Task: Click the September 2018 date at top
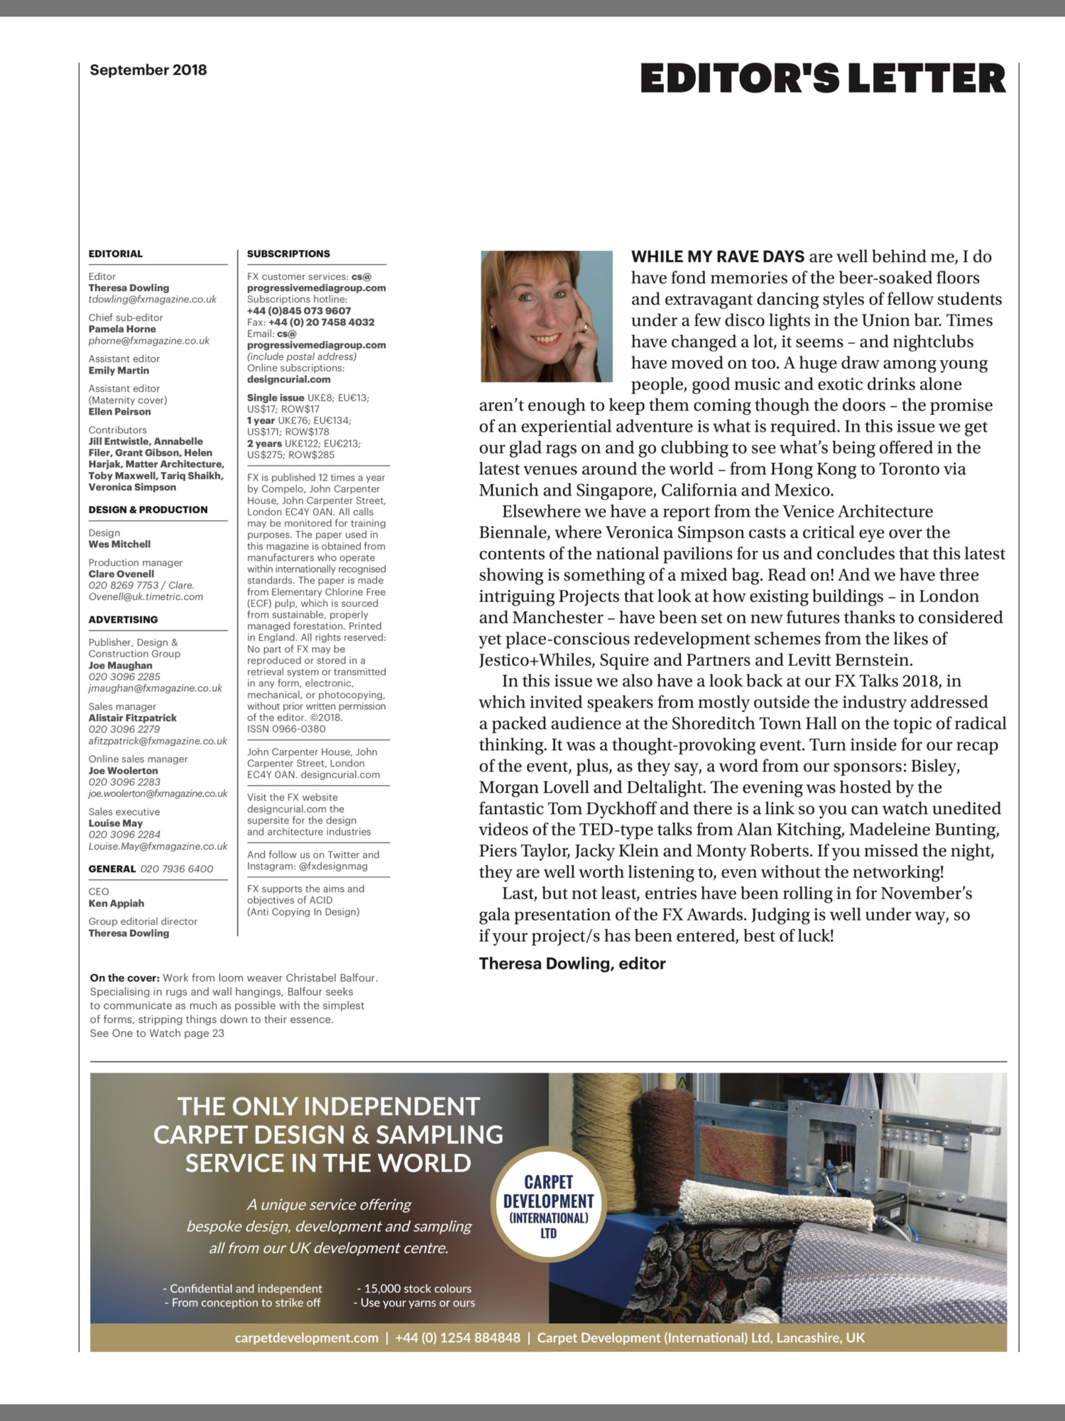tap(148, 70)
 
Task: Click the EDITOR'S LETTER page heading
tap(822, 79)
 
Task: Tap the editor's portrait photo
tap(546, 316)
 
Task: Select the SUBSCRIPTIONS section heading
tap(289, 254)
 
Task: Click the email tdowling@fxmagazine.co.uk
tap(153, 300)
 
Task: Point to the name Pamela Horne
tap(122, 329)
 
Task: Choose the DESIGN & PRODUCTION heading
tap(148, 509)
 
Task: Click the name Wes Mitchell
tap(120, 544)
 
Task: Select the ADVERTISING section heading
tap(123, 619)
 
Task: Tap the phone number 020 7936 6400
tap(177, 869)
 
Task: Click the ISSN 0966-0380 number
tap(287, 729)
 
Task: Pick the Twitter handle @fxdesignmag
tap(331, 866)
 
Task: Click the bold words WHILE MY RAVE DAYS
tap(718, 257)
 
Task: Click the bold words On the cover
tap(125, 978)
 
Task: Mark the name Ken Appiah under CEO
tap(116, 903)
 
